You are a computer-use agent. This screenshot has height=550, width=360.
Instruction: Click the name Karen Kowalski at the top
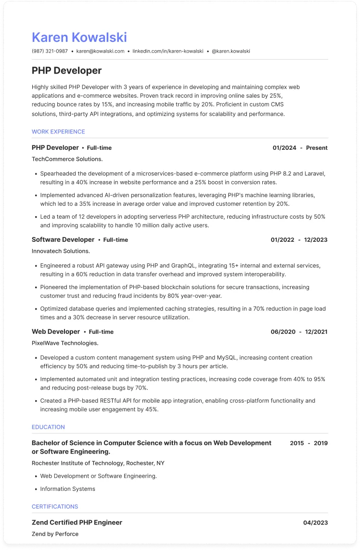(x=79, y=38)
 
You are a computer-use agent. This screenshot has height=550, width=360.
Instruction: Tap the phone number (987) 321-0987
(x=50, y=51)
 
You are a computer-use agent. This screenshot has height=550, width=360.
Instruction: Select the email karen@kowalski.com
(x=100, y=51)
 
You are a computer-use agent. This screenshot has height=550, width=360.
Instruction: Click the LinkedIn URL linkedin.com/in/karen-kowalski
(x=168, y=51)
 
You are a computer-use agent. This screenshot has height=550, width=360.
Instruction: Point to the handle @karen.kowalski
(x=231, y=51)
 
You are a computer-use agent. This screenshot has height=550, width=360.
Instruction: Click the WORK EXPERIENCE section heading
(x=58, y=131)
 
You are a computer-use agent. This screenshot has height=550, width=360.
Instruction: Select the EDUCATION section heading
(x=48, y=427)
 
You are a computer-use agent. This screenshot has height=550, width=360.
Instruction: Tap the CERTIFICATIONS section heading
(x=55, y=507)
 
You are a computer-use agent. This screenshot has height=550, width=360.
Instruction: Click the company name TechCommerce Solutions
(x=67, y=159)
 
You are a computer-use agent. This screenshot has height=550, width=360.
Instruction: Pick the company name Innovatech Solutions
(x=61, y=251)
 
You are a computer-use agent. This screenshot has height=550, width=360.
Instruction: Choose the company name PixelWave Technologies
(x=65, y=343)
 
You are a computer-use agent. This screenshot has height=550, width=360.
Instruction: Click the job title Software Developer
(x=63, y=239)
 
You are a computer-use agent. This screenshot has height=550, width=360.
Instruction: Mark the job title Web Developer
(x=56, y=331)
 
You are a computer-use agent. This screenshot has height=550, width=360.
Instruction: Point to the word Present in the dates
(x=317, y=148)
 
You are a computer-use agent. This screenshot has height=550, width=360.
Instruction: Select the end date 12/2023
(x=316, y=240)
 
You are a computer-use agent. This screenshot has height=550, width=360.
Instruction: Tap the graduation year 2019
(x=321, y=443)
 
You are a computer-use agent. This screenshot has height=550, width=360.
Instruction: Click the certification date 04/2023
(x=315, y=523)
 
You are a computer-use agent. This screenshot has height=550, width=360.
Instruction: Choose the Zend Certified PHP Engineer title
(x=77, y=523)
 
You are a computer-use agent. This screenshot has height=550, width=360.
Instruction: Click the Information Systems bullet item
(x=67, y=489)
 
